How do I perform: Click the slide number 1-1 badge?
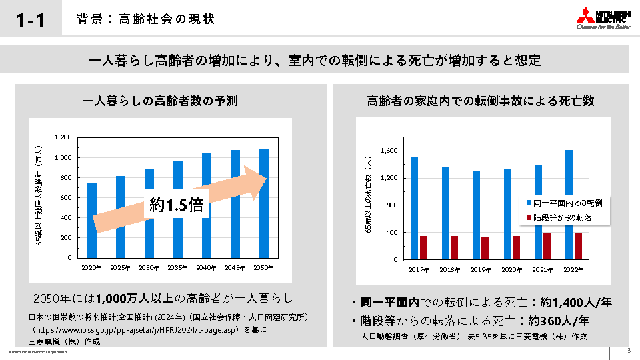31,19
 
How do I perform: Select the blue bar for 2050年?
264,203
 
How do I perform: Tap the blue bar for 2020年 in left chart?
92,220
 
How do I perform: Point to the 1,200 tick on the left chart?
63,137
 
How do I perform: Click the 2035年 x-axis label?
178,267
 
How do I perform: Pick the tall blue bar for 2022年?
569,204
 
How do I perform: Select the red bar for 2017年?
423,247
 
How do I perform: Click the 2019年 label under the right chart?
481,269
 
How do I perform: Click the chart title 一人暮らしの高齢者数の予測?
159,101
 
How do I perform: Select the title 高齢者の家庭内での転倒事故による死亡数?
480,101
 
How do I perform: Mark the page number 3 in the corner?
628,351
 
